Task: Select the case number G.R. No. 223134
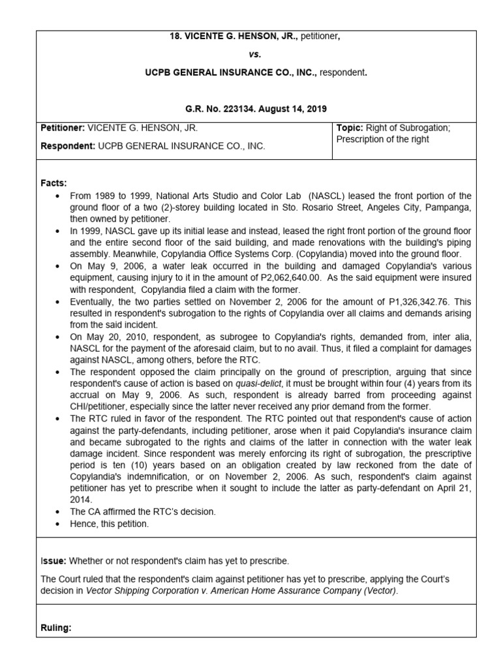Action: coord(224,109)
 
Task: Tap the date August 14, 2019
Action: coord(294,109)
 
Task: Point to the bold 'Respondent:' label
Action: coord(68,146)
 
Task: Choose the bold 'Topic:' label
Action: coord(350,128)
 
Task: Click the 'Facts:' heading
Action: coord(54,184)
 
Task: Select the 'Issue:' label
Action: coord(53,560)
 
